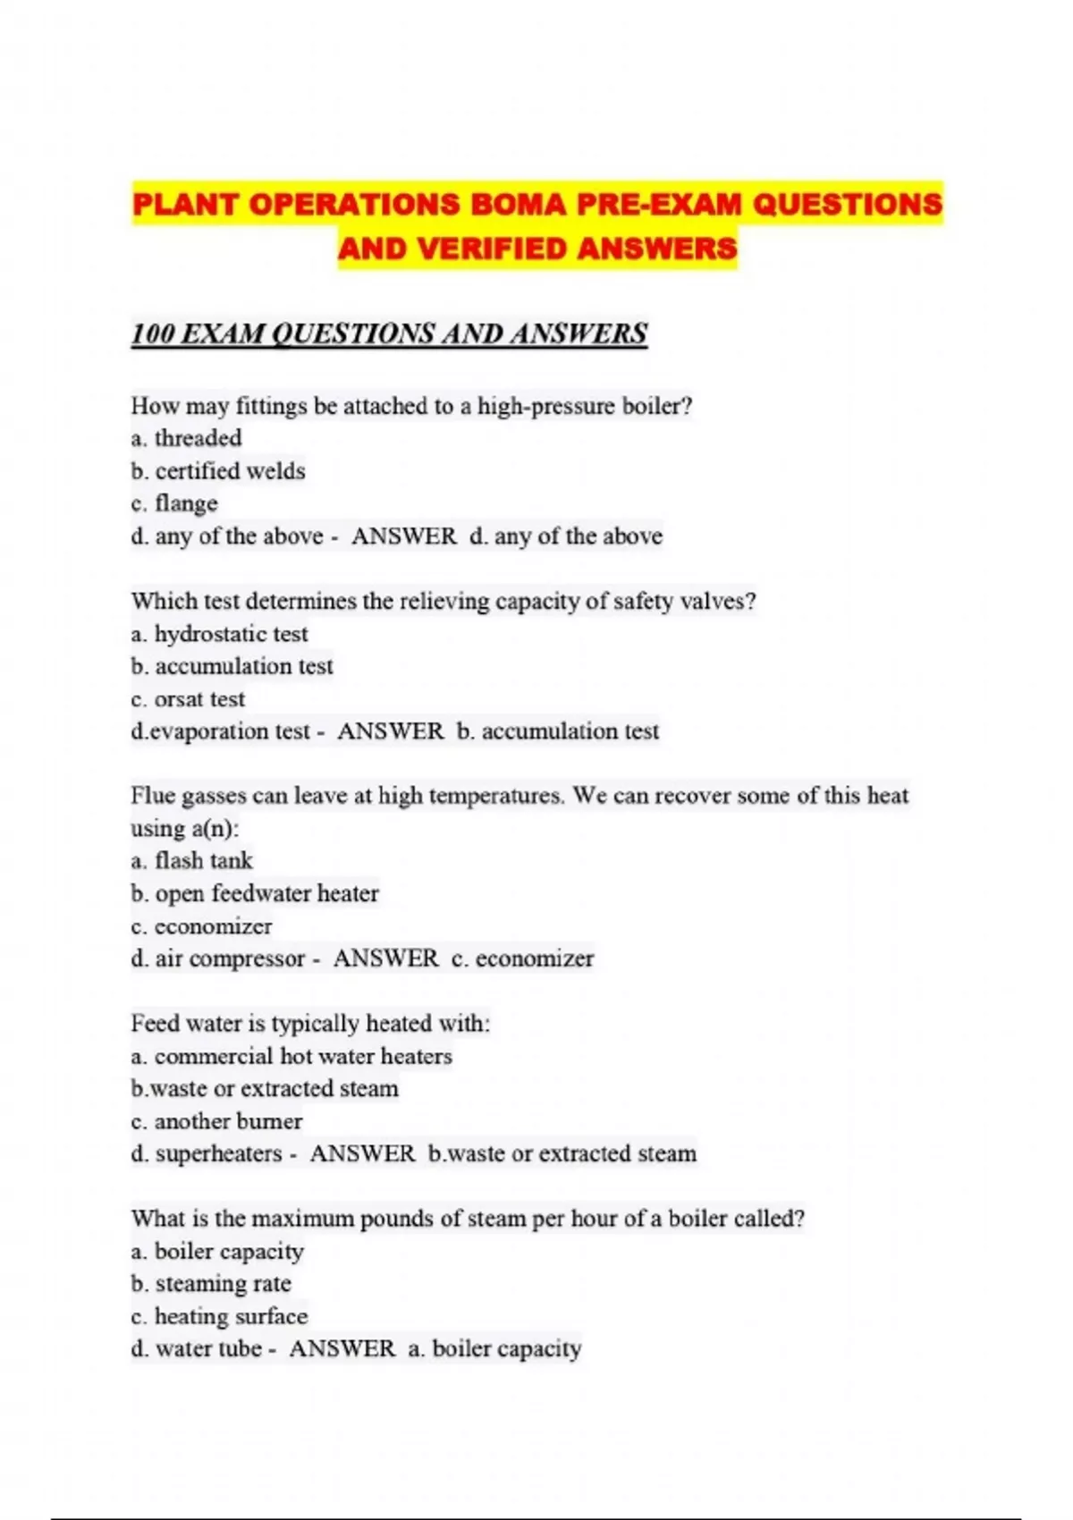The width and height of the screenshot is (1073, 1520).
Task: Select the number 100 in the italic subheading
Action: click(x=152, y=334)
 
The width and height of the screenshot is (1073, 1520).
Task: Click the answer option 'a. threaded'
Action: click(x=186, y=438)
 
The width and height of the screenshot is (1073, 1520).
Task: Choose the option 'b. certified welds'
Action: click(x=218, y=471)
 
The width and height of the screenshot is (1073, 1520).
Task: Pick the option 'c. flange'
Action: click(x=174, y=503)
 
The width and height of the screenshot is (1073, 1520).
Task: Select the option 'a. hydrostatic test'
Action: click(x=219, y=634)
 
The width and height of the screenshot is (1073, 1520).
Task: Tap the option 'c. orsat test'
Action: click(x=188, y=699)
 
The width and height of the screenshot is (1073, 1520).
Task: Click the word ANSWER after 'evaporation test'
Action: click(x=390, y=731)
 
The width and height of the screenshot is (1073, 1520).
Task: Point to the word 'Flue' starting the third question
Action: click(x=153, y=796)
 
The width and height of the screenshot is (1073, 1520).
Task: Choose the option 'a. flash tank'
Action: click(x=191, y=861)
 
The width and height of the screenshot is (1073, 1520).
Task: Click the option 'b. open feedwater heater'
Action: click(x=255, y=893)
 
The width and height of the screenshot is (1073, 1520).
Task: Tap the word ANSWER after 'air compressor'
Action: click(x=385, y=958)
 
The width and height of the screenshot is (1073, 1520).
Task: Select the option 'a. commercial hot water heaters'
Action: click(x=291, y=1057)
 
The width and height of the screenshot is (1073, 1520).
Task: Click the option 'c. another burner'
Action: click(x=216, y=1121)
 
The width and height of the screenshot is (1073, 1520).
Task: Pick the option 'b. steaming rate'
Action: click(x=211, y=1284)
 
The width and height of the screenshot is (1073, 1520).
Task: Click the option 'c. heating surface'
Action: click(x=219, y=1316)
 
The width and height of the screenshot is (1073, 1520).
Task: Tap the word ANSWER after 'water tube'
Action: click(x=342, y=1348)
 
